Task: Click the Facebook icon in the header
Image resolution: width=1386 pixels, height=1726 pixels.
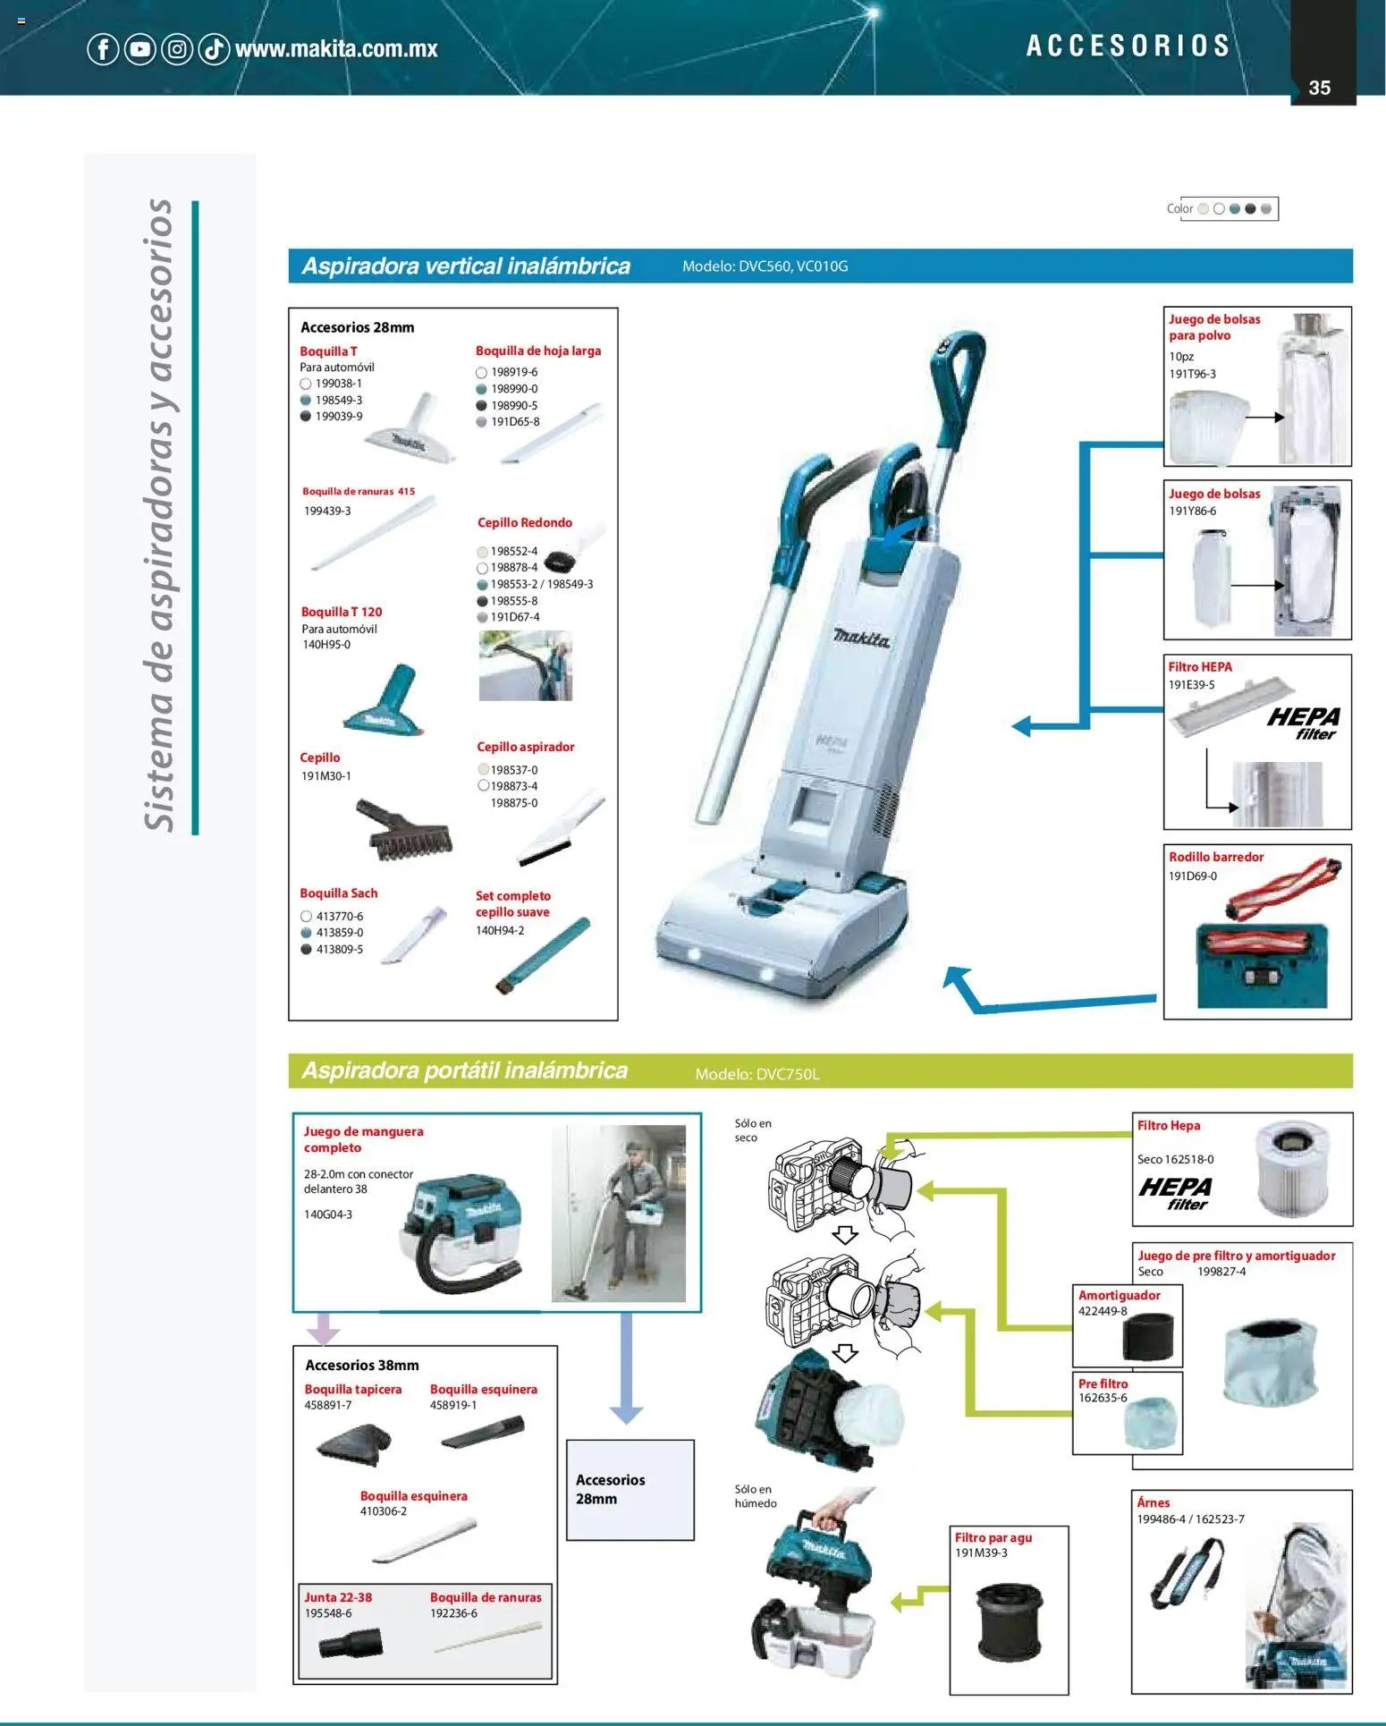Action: click(103, 48)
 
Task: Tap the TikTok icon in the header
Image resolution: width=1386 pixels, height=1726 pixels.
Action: click(214, 48)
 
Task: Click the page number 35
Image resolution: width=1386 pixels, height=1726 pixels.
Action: click(1319, 88)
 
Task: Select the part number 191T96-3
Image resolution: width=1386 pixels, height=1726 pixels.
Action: click(1192, 374)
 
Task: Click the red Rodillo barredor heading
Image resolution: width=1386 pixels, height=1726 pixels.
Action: click(1216, 857)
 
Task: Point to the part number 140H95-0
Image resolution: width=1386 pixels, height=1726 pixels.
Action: click(326, 645)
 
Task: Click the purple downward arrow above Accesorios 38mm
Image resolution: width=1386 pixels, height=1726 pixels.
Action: click(324, 1329)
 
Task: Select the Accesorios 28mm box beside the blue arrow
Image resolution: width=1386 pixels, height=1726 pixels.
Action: click(630, 1490)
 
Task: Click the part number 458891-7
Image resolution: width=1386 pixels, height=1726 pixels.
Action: click(328, 1405)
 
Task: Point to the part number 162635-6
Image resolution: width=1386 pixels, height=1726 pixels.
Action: click(1103, 1398)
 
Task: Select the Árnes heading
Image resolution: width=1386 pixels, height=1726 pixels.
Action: click(1154, 1502)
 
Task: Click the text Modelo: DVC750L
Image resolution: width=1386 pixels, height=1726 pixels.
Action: click(757, 1074)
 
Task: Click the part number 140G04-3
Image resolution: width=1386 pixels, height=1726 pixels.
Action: click(328, 1214)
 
